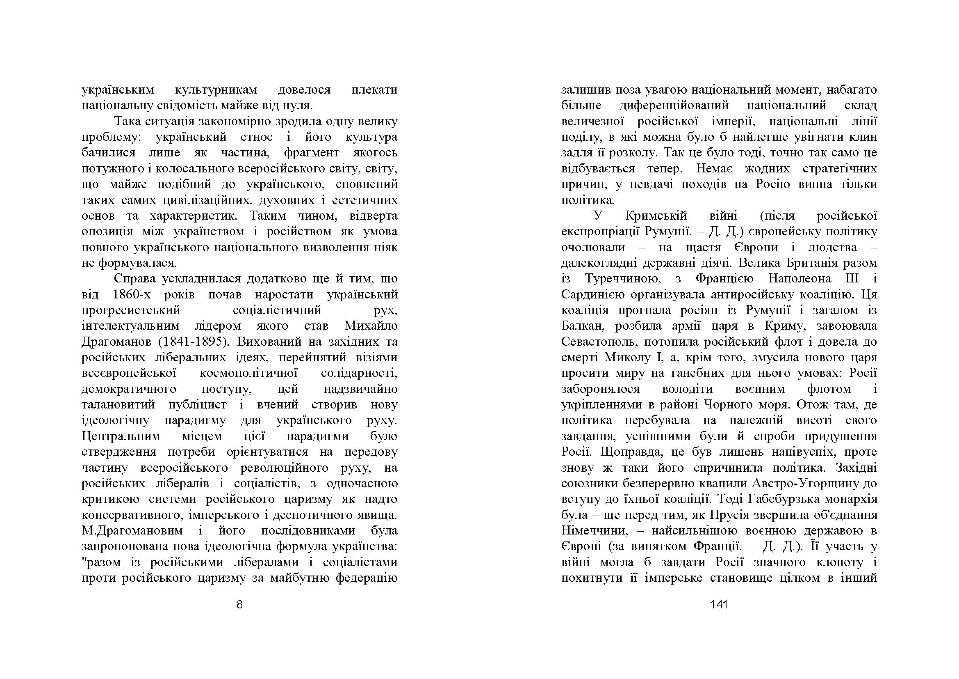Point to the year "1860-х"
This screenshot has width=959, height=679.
click(x=132, y=295)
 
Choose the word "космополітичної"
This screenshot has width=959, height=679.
click(x=248, y=373)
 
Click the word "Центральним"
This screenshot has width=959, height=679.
click(x=121, y=436)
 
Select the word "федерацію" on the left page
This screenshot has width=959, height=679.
click(x=367, y=578)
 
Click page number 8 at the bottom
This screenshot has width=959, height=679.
click(x=239, y=605)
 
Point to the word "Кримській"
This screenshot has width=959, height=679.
click(x=656, y=216)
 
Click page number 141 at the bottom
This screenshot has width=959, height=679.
click(x=718, y=605)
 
